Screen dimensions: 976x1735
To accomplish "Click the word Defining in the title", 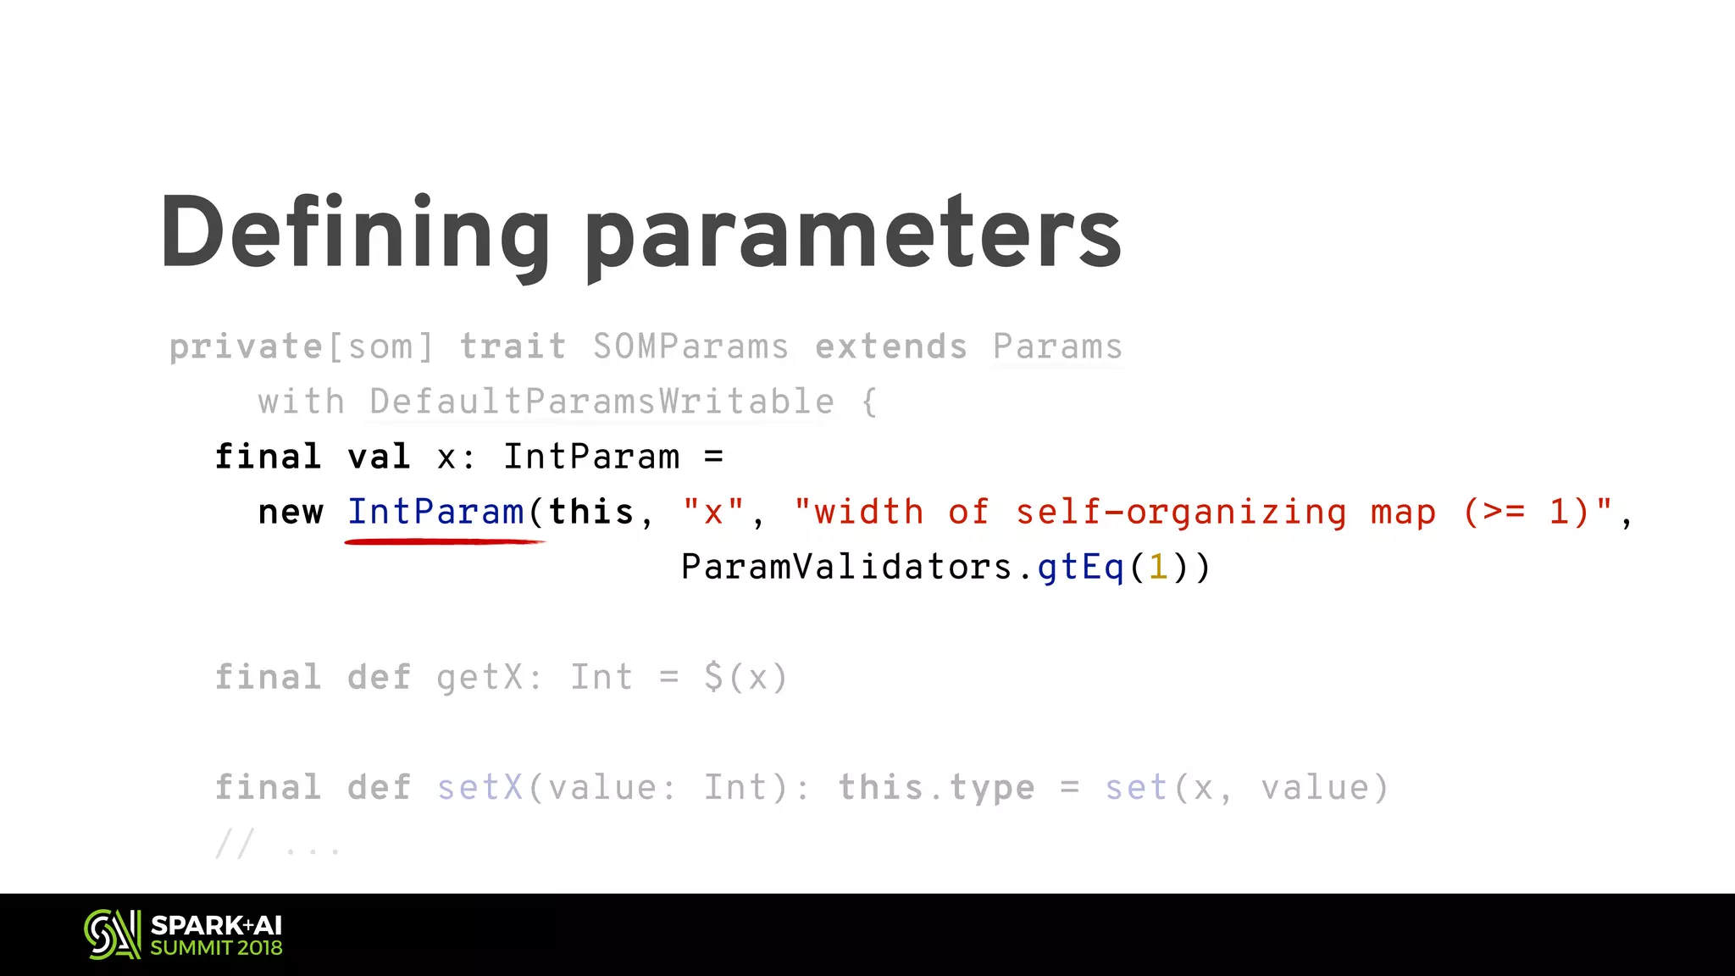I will coord(356,233).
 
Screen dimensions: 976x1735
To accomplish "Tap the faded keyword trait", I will coord(513,347).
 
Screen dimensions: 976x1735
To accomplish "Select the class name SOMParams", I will coord(690,347).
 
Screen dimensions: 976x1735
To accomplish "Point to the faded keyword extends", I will coord(890,347).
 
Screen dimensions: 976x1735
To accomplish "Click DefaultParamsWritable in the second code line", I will coord(601,402).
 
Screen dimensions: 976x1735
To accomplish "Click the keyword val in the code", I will coord(379,457).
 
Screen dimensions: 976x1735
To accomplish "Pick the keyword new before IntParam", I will coord(291,512).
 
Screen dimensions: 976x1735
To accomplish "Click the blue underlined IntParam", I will coord(435,512).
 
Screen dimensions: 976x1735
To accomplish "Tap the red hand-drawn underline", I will coord(445,541).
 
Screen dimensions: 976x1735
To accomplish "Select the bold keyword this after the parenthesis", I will coord(590,512).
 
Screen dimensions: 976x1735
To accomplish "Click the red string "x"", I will coord(713,512).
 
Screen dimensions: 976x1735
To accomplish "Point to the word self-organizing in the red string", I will coord(1181,512).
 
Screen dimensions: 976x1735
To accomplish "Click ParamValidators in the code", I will coord(846,567).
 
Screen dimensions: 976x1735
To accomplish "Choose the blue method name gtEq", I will coord(1081,567).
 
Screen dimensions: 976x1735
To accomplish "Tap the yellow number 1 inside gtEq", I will coord(1158,567).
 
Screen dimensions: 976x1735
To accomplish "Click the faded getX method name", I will coord(479,677).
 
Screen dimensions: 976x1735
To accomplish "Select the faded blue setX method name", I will coord(480,787).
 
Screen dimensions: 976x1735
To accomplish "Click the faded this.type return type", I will coord(936,787).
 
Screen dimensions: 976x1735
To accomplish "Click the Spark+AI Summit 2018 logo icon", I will coord(112,934).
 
